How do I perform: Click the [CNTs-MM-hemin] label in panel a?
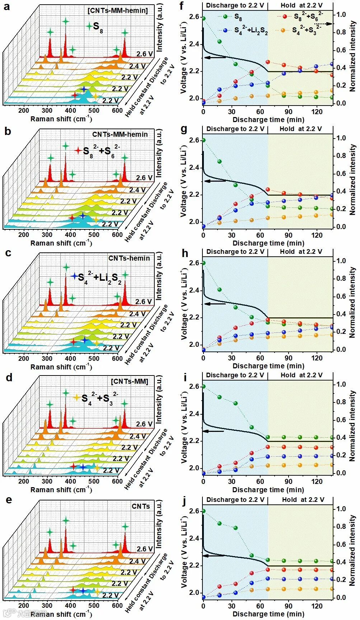click(x=117, y=10)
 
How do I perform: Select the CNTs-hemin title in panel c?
click(x=129, y=258)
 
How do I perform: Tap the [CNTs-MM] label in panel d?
click(x=129, y=381)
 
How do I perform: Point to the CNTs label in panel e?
click(x=140, y=506)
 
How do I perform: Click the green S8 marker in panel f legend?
click(x=225, y=17)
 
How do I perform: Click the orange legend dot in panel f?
click(x=283, y=30)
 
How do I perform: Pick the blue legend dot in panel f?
click(x=225, y=31)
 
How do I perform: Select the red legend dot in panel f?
click(x=285, y=17)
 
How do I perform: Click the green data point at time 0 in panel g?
click(x=204, y=140)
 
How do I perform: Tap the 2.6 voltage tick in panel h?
click(x=194, y=263)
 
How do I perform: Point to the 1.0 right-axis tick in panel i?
click(x=341, y=384)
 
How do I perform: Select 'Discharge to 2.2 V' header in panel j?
click(x=235, y=500)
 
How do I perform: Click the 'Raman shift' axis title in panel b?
click(x=61, y=243)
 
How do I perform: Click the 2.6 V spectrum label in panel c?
click(x=145, y=302)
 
